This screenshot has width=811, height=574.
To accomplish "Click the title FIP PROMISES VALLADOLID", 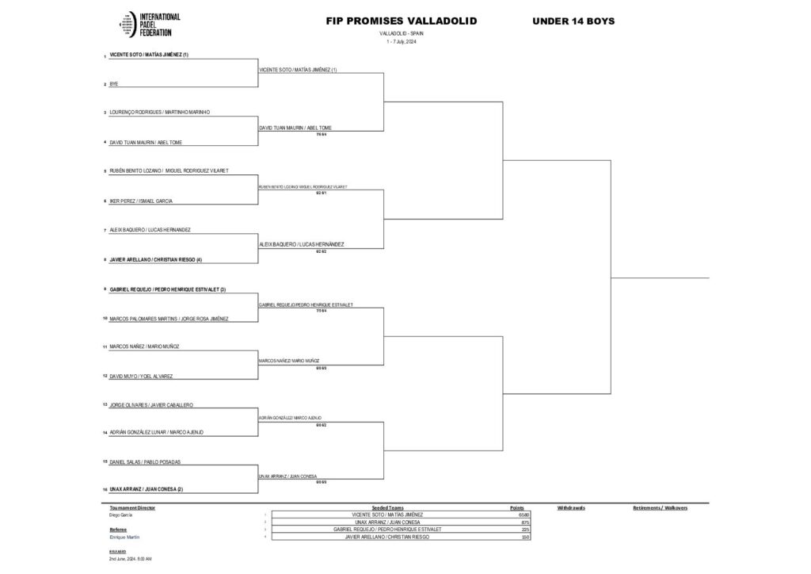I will point(402,21).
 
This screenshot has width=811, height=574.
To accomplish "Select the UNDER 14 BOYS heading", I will point(573,21).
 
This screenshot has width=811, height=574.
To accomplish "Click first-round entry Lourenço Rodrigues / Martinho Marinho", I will point(159,113).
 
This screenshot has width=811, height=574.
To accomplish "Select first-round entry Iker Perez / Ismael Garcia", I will point(141,201).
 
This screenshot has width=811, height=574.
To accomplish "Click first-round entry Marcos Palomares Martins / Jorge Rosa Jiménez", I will point(169,319).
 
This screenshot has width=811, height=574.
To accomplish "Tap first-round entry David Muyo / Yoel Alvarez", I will point(141,376).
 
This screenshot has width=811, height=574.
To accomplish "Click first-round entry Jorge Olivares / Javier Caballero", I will point(151,405).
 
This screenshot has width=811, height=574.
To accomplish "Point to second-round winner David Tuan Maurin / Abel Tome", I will point(295,128).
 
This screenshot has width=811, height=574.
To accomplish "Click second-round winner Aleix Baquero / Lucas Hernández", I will point(302,244).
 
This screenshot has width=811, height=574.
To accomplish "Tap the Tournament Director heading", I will point(132,507).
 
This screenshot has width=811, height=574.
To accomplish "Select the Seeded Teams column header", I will point(387,507).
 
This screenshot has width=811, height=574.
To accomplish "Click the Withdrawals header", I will point(571,507).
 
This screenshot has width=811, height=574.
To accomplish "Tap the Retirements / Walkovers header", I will point(660,507).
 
